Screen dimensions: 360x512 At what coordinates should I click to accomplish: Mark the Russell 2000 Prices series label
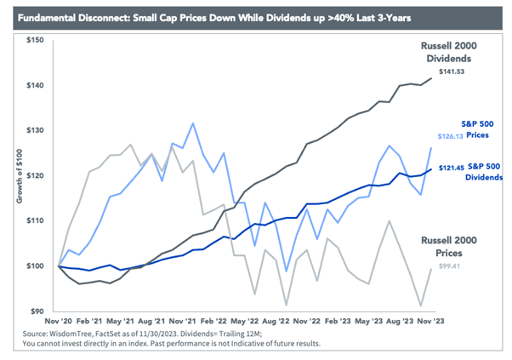point(451,248)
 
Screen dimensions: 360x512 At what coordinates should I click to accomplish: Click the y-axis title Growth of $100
point(20,178)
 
